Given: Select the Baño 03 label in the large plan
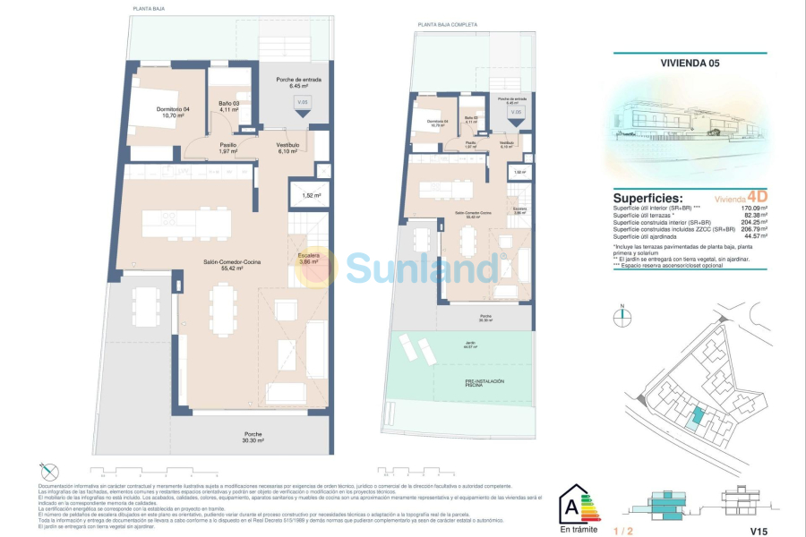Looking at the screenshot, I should [228, 106].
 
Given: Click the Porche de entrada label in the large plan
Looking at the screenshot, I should [299, 82].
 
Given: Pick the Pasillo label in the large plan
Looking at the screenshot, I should [228, 148].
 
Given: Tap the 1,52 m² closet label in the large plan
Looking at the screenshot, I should [311, 195].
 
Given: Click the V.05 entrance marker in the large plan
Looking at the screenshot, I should [303, 104].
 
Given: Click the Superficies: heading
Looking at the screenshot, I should [647, 198].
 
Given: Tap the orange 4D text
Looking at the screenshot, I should [757, 196].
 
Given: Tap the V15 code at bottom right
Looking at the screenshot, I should [760, 531].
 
